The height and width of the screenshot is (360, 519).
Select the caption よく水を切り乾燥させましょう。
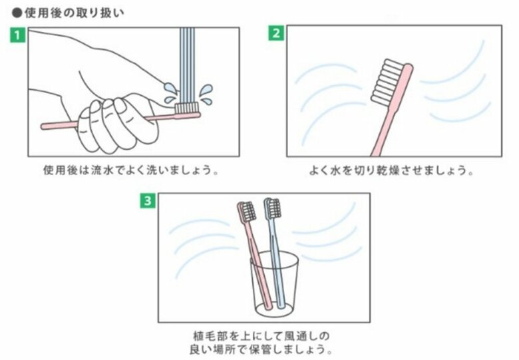393,170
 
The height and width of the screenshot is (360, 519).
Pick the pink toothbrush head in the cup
246,211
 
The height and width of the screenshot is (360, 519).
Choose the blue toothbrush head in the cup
271,208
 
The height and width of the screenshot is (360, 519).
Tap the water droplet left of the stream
169,89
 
